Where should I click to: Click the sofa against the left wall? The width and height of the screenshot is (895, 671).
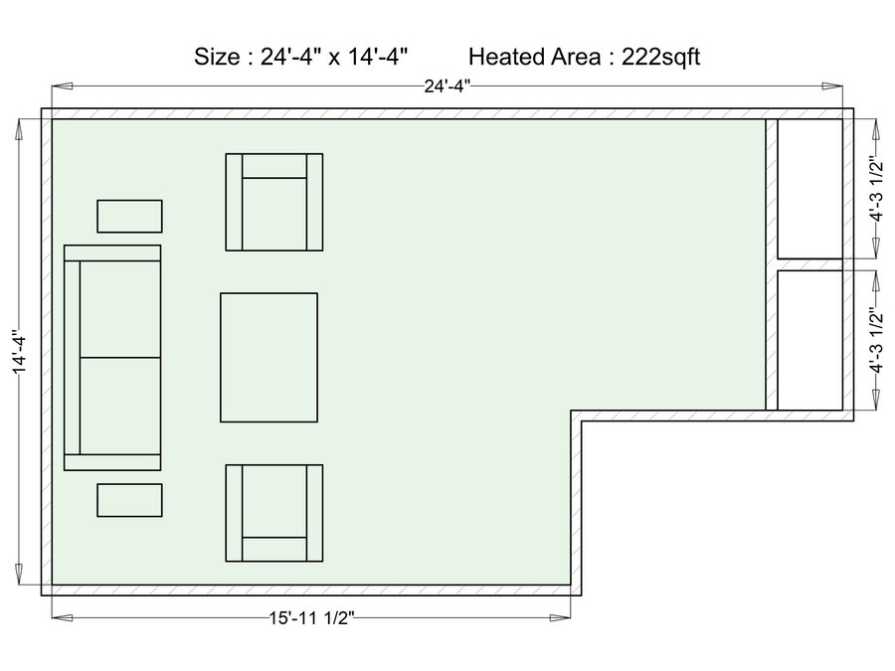[112, 358]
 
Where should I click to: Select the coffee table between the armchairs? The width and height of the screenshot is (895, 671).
[268, 358]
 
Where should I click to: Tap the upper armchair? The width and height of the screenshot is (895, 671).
[274, 202]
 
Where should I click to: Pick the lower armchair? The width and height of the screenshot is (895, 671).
[274, 513]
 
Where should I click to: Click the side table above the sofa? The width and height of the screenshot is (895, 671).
[129, 217]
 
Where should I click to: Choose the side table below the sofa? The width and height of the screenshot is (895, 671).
[129, 500]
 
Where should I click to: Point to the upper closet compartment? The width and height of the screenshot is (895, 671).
[809, 189]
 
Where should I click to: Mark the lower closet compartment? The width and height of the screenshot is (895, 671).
[809, 340]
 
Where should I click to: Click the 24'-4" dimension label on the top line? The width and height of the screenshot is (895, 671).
[447, 86]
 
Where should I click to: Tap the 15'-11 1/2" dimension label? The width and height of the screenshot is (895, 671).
[311, 618]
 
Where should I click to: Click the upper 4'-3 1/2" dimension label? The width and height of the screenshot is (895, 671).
[876, 188]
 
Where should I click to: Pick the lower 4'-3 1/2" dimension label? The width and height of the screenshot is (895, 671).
[876, 340]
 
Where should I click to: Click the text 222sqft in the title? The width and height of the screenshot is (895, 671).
[660, 57]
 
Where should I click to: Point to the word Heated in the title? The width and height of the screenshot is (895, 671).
[506, 57]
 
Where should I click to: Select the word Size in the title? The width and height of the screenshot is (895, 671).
[217, 57]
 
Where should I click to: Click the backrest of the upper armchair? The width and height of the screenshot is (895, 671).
[274, 166]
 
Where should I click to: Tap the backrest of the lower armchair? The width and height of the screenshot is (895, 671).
[274, 549]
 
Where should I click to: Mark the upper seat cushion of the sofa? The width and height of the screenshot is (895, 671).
[120, 310]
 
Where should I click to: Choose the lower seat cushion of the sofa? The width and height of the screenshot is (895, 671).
[120, 407]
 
